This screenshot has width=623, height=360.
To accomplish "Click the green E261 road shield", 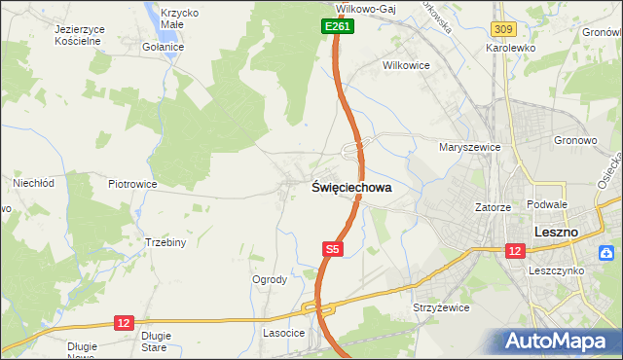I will [338, 27].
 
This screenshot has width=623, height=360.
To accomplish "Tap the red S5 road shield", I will [333, 250].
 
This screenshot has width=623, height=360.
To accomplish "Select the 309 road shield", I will [502, 32].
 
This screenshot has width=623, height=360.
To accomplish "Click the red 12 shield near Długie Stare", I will [124, 322].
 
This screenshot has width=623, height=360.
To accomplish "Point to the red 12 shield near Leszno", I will [514, 250].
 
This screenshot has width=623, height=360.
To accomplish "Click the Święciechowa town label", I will [352, 188].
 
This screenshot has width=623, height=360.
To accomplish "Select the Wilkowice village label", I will [406, 66].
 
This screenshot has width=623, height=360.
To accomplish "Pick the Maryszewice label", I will [469, 147].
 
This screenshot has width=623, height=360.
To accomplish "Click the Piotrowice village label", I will [132, 184].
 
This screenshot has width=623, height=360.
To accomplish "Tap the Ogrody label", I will [270, 279].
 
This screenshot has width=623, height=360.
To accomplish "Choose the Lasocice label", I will [284, 333].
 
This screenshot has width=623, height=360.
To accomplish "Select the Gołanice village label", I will [163, 47].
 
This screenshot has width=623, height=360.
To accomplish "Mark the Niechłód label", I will [32, 182].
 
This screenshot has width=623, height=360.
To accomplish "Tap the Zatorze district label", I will [493, 207].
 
